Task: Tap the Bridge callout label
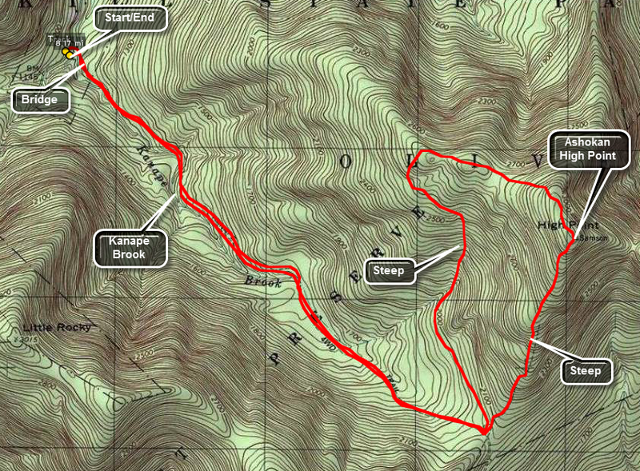coord(40,100)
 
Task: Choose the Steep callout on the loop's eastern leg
coord(586,370)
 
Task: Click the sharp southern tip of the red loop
coord(485,431)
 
